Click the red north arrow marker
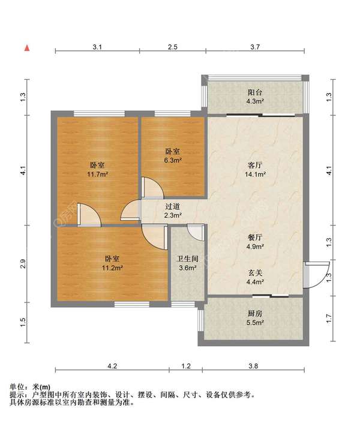tap(27, 48)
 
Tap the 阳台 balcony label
tap(255, 92)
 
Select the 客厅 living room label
tap(255, 165)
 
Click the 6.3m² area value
tap(173, 160)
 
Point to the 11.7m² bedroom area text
tap(97, 174)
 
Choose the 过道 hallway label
tap(172, 206)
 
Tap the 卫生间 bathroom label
tap(188, 259)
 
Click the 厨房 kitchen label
tap(255, 313)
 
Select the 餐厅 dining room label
tap(255, 237)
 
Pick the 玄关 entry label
tap(255, 273)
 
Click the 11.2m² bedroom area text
tap(112, 267)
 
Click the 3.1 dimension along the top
tap(97, 47)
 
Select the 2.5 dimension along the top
tap(173, 47)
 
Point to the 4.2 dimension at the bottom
tap(112, 366)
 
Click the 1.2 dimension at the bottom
tap(186, 366)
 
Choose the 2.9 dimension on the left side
tap(23, 264)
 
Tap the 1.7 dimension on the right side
tap(329, 318)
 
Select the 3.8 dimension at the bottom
tap(253, 366)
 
